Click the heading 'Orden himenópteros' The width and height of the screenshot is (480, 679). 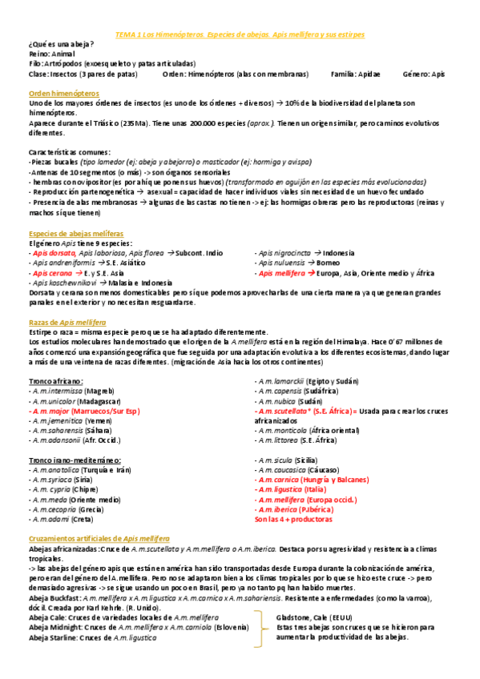[x=61, y=94]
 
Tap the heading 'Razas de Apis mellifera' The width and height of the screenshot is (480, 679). [x=67, y=321]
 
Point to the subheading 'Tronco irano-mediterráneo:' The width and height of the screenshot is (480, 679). [x=75, y=460]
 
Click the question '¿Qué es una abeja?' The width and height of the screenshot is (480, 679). [x=61, y=43]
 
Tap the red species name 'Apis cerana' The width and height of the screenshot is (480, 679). [x=51, y=272]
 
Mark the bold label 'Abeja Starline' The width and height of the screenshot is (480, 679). [x=53, y=637]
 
